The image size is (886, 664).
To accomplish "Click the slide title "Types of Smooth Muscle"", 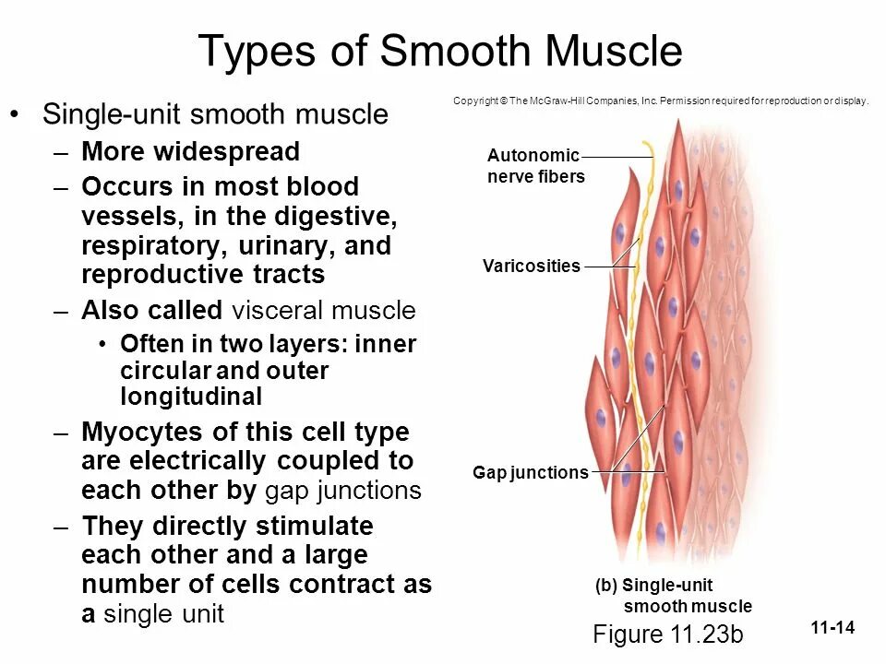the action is click(x=440, y=52).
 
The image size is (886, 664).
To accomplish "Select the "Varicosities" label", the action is click(x=532, y=267).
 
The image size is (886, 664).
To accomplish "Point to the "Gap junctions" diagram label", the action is click(x=531, y=473).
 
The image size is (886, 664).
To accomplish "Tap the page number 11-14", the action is click(x=832, y=629).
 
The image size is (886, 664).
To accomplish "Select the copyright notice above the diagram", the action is click(x=661, y=101).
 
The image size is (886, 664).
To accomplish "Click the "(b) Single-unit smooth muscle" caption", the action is click(x=674, y=596).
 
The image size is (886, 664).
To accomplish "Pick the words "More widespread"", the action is click(x=190, y=151).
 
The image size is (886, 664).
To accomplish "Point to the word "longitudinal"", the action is click(x=191, y=397).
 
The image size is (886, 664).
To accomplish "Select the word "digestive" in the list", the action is click(x=336, y=217).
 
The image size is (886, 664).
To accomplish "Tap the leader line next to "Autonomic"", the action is click(x=617, y=156).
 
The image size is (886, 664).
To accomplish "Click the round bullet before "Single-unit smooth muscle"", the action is click(x=15, y=114).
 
